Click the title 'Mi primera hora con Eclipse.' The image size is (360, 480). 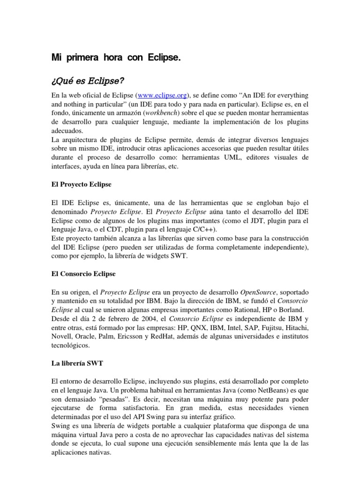[x=115, y=58]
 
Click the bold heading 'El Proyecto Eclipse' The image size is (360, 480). [x=81, y=184]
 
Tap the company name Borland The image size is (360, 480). [x=295, y=309]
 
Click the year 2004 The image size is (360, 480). [x=130, y=318]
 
